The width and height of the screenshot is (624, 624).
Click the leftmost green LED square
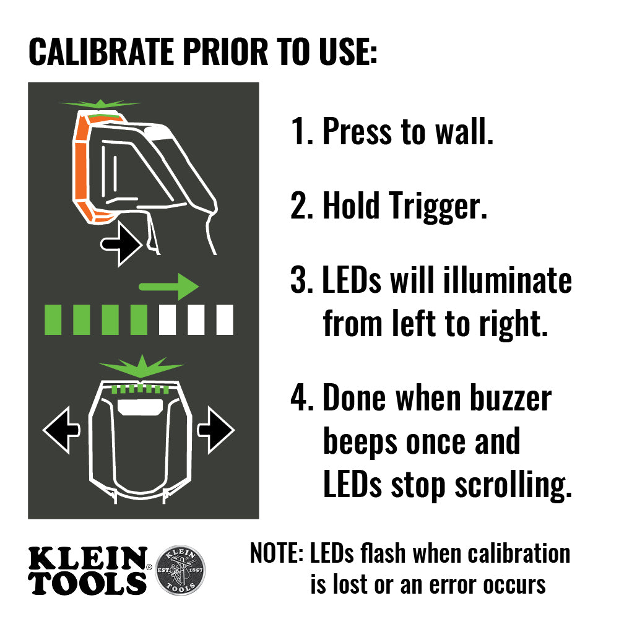pos(53,319)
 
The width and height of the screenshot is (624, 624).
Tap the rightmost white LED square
pos(224,319)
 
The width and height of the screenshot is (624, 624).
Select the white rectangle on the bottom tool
pos(141,407)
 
